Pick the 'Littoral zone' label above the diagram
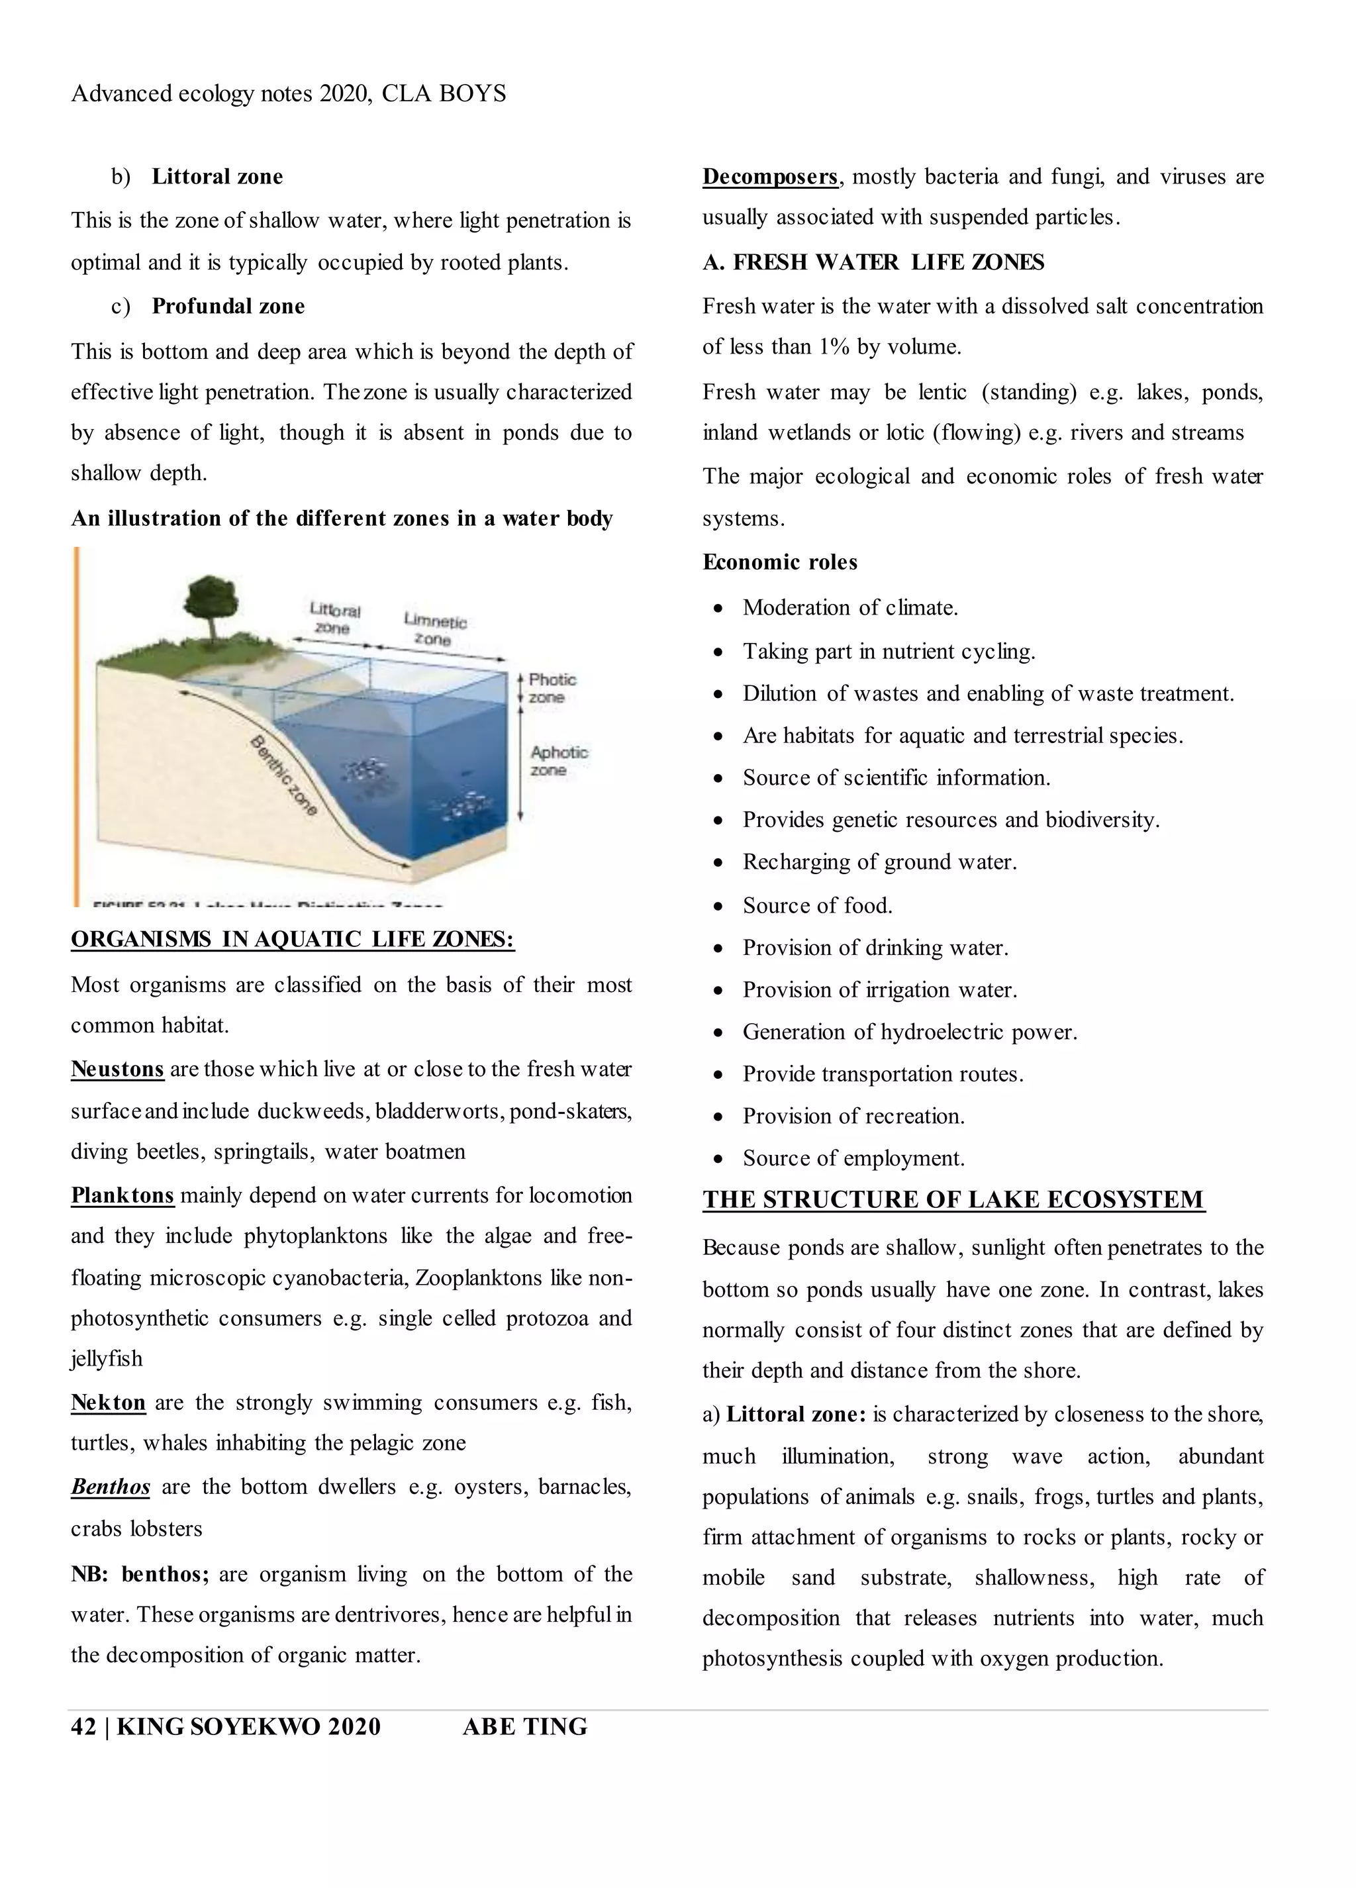[334, 619]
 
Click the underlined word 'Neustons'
[117, 1069]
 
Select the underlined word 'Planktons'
[122, 1195]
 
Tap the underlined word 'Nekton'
[108, 1403]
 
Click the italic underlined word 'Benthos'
[111, 1487]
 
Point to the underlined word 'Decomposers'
[770, 176]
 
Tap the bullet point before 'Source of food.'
[718, 906]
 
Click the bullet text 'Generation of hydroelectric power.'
[910, 1032]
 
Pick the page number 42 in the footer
[83, 1727]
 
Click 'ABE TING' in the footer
[524, 1727]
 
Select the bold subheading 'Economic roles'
[780, 562]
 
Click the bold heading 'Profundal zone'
[228, 307]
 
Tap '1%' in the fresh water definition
[834, 347]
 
